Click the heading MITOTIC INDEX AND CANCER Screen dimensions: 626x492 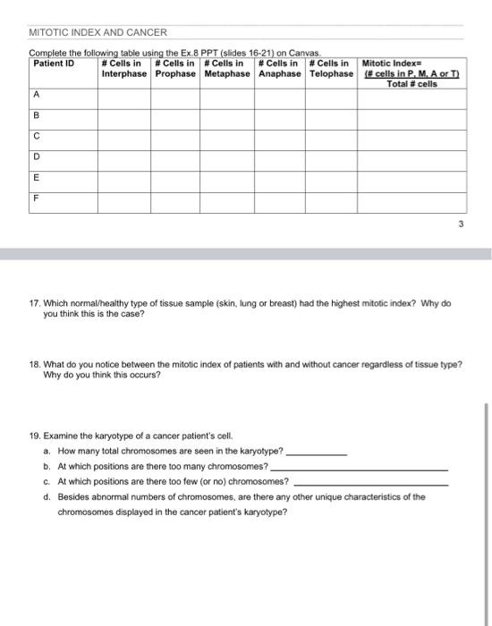coord(98,33)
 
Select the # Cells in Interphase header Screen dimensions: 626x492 coord(123,69)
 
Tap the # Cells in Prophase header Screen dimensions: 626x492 coord(175,69)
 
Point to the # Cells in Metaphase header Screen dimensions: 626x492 coord(227,69)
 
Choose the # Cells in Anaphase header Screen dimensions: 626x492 coord(280,69)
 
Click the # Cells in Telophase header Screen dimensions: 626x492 coord(331,69)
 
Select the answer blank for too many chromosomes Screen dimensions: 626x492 coord(358,468)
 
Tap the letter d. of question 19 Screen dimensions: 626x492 coord(47,496)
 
